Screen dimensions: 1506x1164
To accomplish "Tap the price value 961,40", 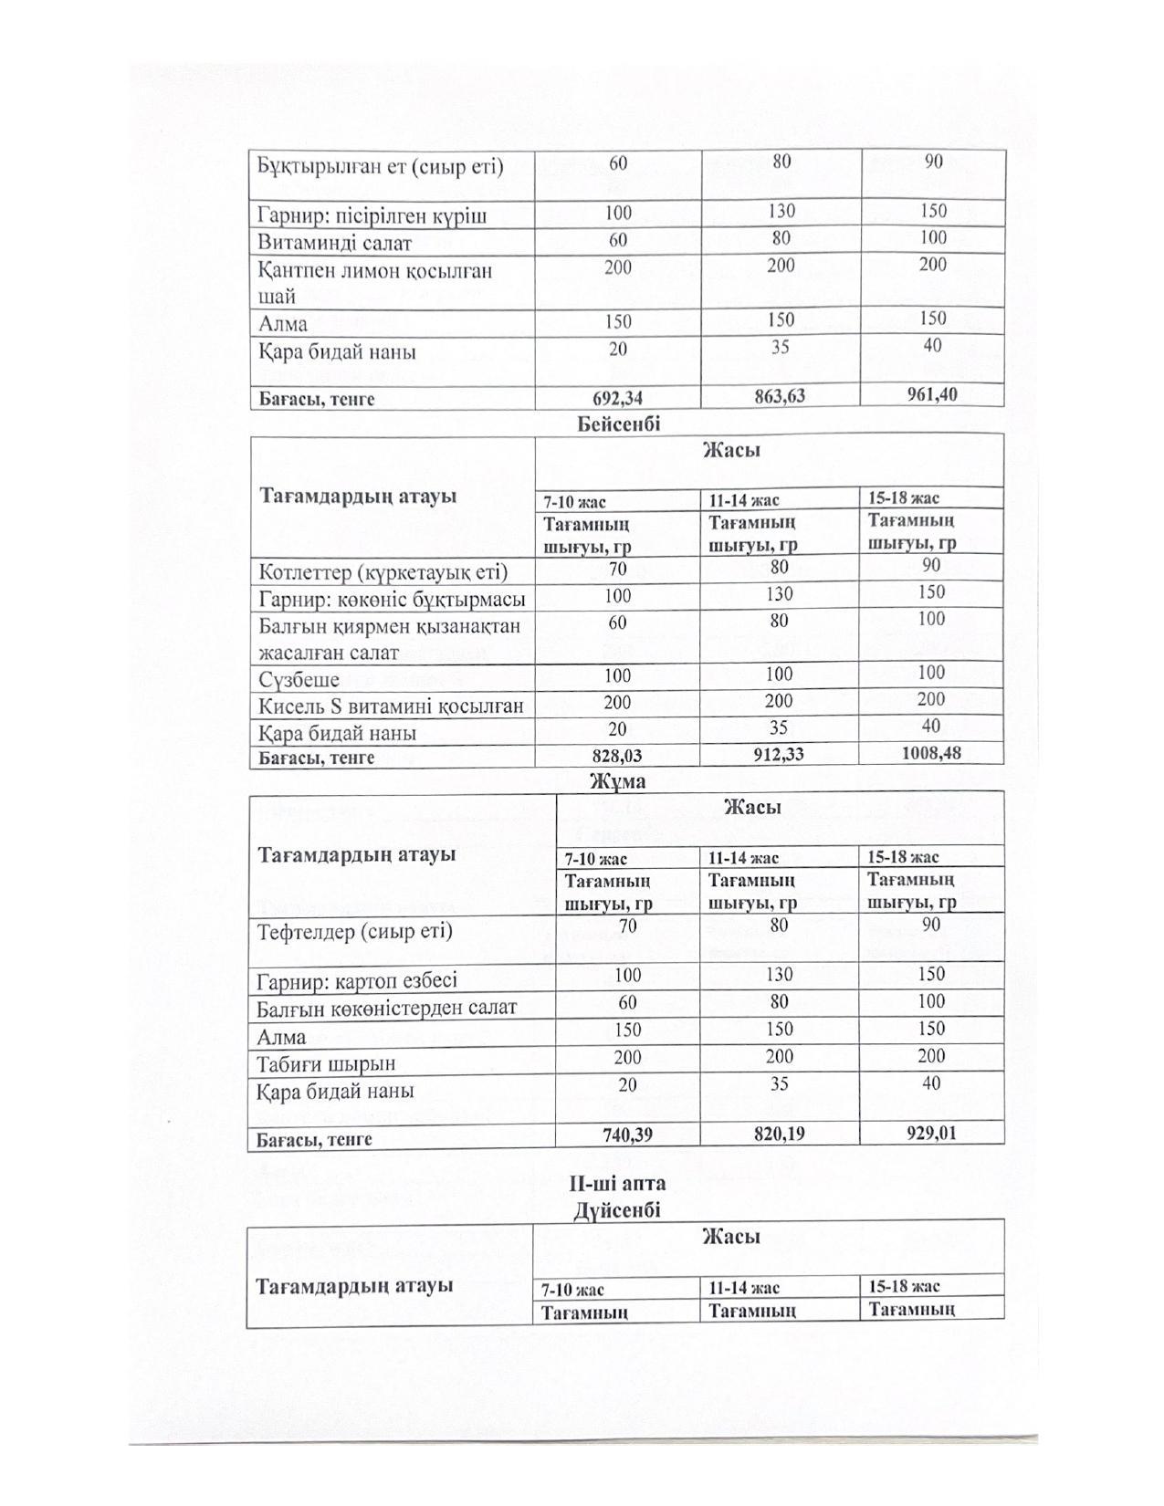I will pyautogui.click(x=931, y=394).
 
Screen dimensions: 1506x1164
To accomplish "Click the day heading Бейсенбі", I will pyautogui.click(x=618, y=424).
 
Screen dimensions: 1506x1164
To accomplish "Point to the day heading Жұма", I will pyautogui.click(x=617, y=781).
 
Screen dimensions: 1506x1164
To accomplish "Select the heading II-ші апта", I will pyautogui.click(x=617, y=1183).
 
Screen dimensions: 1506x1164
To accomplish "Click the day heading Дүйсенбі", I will pyautogui.click(x=617, y=1209).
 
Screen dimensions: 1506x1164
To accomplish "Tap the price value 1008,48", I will pyautogui.click(x=931, y=753).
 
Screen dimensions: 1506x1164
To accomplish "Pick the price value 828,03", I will pyautogui.click(x=617, y=756).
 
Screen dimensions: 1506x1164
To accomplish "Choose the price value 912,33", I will pyautogui.click(x=779, y=755).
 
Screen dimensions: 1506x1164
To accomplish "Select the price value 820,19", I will pyautogui.click(x=779, y=1134).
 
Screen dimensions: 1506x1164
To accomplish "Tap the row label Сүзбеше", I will pyautogui.click(x=299, y=680).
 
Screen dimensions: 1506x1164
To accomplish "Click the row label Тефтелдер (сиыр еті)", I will pyautogui.click(x=354, y=932).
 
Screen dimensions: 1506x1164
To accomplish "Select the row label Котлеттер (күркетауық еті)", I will pyautogui.click(x=383, y=572).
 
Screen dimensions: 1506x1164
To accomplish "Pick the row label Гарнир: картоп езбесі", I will pyautogui.click(x=357, y=980).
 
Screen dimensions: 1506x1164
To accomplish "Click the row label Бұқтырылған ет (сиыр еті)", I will pyautogui.click(x=380, y=166).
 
